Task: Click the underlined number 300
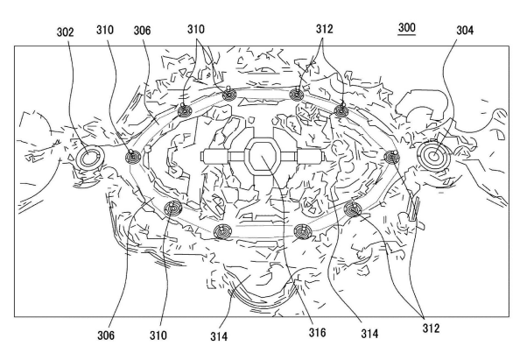(x=406, y=27)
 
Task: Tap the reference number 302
(x=65, y=32)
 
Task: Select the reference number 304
(x=465, y=30)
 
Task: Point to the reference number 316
(x=317, y=332)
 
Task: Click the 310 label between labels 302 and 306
(x=105, y=30)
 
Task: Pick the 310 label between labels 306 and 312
(x=196, y=29)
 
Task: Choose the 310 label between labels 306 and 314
(x=158, y=335)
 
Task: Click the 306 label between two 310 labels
(x=142, y=31)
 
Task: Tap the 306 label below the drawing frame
(x=106, y=335)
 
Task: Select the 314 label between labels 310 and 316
(x=219, y=336)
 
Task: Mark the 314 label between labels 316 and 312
(x=369, y=334)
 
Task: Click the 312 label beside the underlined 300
(x=324, y=29)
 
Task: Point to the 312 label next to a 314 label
(x=431, y=328)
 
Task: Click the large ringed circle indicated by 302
(x=88, y=158)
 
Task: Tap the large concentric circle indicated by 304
(x=434, y=156)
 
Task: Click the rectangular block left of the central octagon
(x=214, y=157)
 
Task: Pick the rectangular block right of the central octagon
(x=310, y=157)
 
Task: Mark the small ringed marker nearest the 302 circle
(x=133, y=157)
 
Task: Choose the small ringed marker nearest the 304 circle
(x=392, y=157)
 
